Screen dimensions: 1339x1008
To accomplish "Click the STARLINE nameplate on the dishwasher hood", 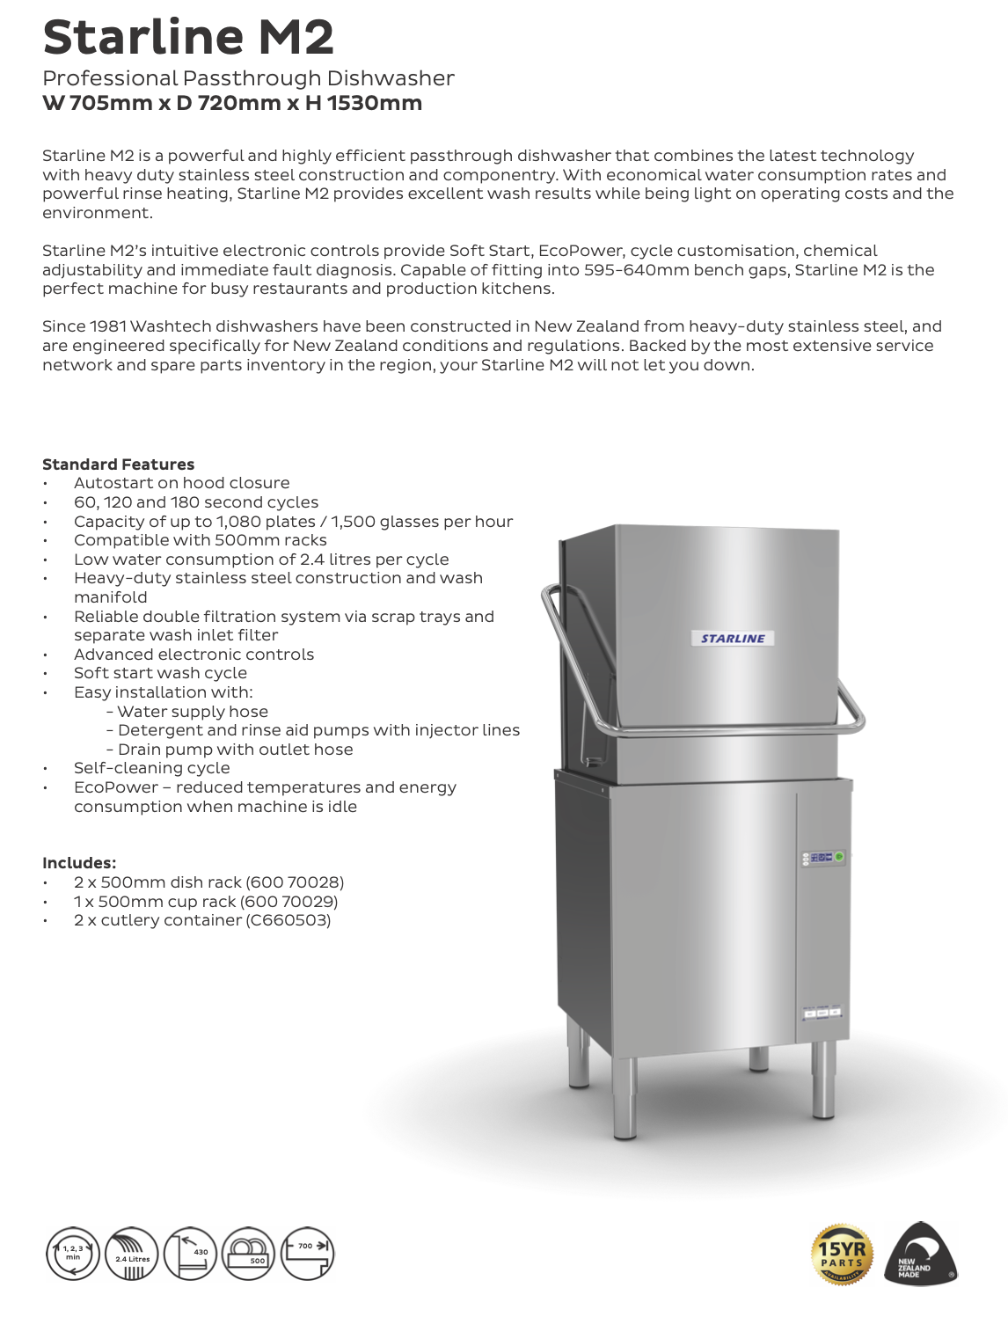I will click(x=733, y=639).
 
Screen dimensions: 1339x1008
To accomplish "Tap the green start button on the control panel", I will click(x=839, y=857).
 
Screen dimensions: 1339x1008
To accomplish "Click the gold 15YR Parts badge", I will click(x=842, y=1255).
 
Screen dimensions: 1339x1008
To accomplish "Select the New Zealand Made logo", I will click(x=919, y=1255).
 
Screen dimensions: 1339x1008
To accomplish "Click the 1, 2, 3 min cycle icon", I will click(x=73, y=1254).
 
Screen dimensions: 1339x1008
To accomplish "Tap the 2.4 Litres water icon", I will click(x=132, y=1254).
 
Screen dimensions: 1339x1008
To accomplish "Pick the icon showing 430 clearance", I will click(x=190, y=1254).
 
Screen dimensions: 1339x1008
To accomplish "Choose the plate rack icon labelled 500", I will click(x=249, y=1254).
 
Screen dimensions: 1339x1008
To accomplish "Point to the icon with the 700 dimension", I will click(x=307, y=1254).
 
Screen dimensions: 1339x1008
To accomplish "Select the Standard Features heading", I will click(x=118, y=465).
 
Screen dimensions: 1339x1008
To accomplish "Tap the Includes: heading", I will click(x=79, y=863).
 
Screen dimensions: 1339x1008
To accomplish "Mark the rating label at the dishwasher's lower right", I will click(x=822, y=1013).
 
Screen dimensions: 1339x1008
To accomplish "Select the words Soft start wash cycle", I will click(x=160, y=673).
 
